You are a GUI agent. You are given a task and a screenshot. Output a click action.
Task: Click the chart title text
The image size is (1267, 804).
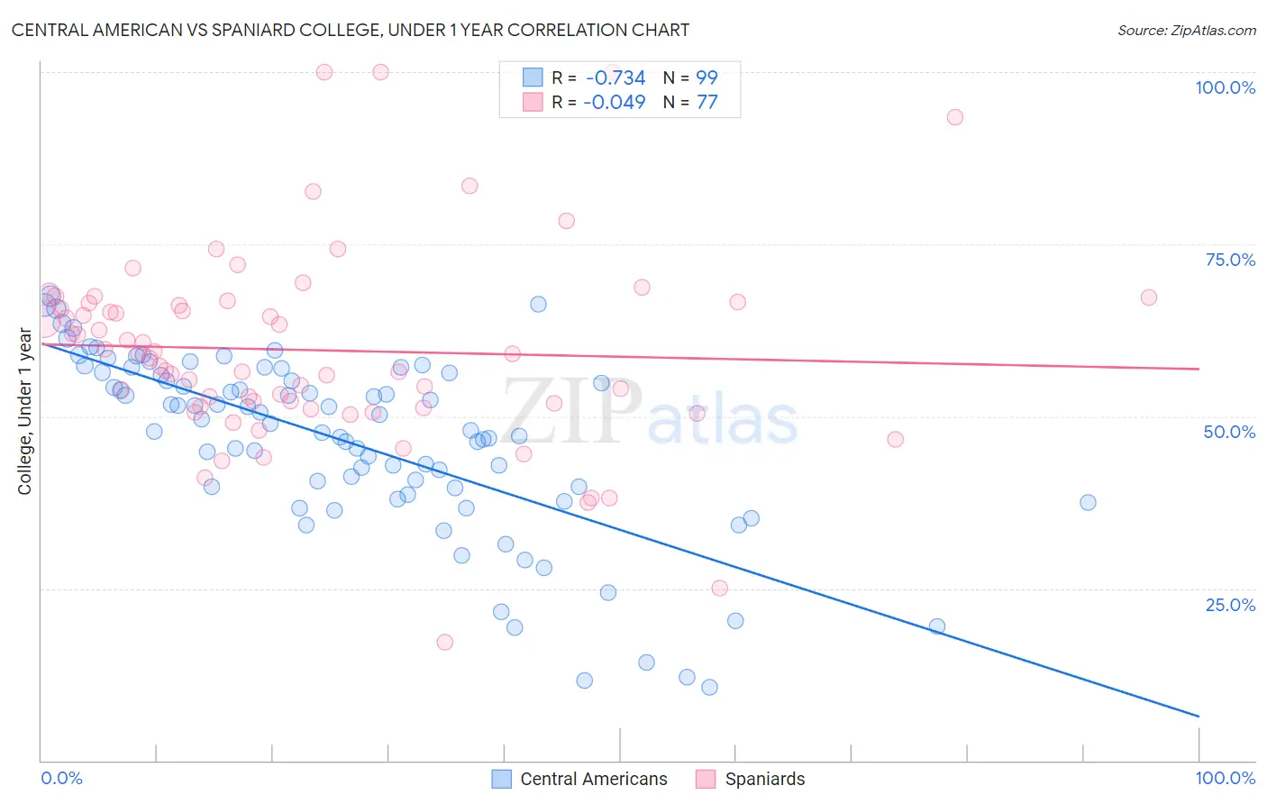click(351, 30)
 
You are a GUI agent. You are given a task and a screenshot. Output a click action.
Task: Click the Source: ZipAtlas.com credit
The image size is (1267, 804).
click(1186, 30)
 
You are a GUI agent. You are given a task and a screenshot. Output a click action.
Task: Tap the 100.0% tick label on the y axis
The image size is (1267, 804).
click(1225, 87)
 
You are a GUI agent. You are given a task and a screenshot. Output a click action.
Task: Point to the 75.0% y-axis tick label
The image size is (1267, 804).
click(1230, 260)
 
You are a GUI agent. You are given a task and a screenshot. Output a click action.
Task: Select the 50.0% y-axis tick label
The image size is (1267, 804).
click(1229, 432)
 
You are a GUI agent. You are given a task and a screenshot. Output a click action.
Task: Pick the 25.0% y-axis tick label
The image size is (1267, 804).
click(1230, 605)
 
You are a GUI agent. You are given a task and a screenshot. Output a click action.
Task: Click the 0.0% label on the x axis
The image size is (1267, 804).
click(61, 778)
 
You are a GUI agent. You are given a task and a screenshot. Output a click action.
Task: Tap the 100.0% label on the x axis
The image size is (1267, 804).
click(1225, 778)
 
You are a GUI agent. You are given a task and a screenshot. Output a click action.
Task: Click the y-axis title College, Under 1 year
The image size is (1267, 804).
click(25, 412)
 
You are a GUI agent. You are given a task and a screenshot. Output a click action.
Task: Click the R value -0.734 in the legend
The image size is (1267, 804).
click(615, 78)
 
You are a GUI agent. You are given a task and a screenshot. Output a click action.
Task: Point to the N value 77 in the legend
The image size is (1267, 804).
click(707, 102)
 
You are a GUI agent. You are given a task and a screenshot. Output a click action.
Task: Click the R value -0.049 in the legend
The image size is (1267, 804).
click(615, 102)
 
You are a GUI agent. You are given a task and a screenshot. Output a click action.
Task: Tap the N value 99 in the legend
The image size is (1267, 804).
click(707, 78)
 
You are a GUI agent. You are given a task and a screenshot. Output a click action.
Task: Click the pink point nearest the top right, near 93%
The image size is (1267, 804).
click(955, 117)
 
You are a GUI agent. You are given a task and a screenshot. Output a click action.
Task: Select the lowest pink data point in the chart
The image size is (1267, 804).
click(444, 642)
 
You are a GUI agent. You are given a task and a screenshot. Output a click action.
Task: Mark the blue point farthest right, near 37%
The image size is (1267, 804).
click(1088, 502)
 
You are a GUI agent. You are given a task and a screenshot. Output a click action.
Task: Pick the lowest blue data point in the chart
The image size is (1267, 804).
click(709, 687)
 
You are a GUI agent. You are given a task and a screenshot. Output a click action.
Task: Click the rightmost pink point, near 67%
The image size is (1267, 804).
click(1148, 297)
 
